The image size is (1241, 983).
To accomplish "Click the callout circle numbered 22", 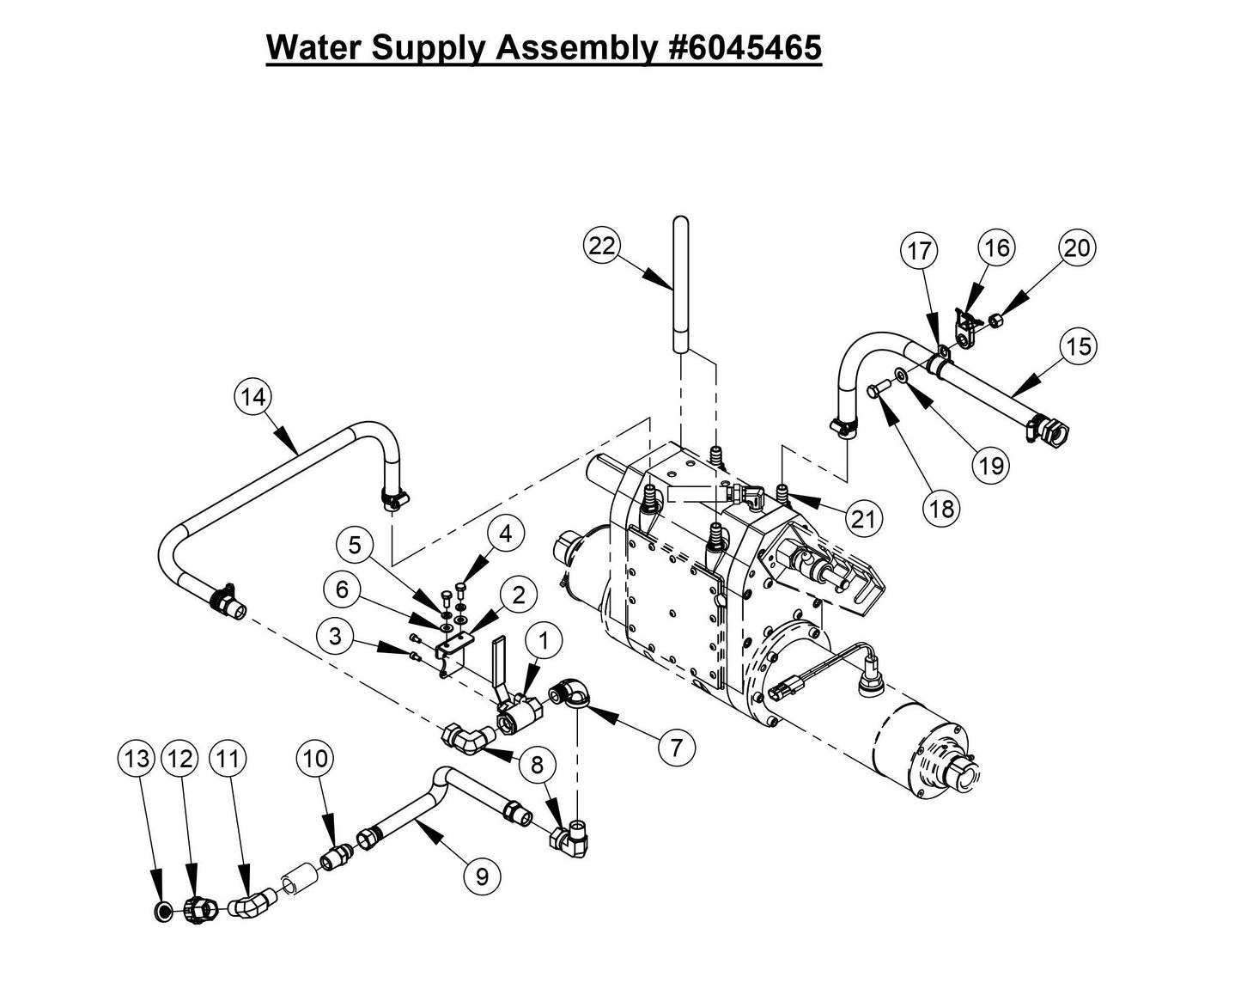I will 603,246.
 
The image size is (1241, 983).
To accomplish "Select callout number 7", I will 676,748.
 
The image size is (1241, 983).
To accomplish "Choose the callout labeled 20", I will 1076,248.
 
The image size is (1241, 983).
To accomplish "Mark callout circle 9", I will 482,876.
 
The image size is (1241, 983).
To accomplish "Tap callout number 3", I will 336,637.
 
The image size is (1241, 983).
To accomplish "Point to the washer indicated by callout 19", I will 900,375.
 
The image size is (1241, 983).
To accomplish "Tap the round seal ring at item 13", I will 161,910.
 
